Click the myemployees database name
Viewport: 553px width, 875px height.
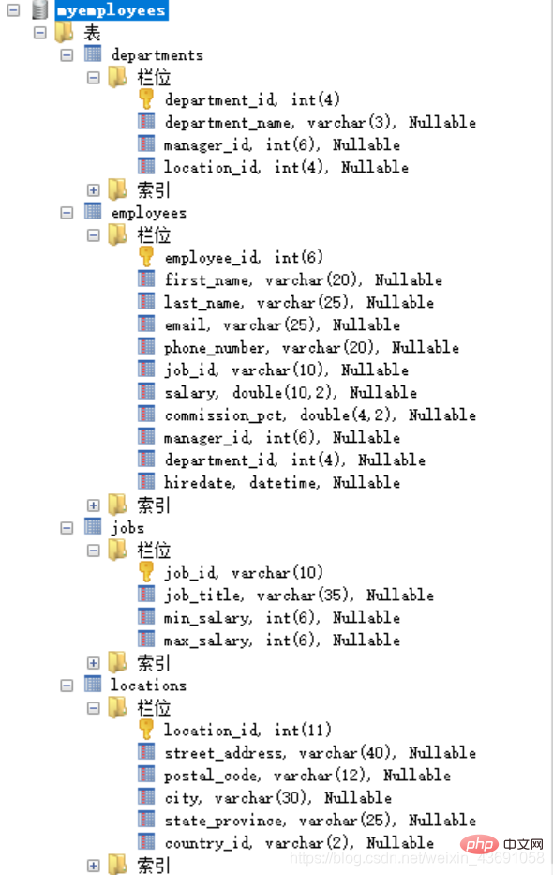112,10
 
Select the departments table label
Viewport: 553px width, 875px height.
157,55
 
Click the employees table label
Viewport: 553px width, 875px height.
149,213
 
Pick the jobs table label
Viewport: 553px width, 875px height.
127,527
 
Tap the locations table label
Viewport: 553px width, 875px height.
148,685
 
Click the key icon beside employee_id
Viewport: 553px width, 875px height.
146,257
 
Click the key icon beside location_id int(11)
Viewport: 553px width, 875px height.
146,730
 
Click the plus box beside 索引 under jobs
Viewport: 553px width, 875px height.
93,663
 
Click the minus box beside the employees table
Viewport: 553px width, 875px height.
67,213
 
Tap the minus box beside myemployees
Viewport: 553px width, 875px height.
13,10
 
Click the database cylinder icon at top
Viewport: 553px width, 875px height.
39,9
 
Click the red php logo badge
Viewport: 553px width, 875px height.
479,844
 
